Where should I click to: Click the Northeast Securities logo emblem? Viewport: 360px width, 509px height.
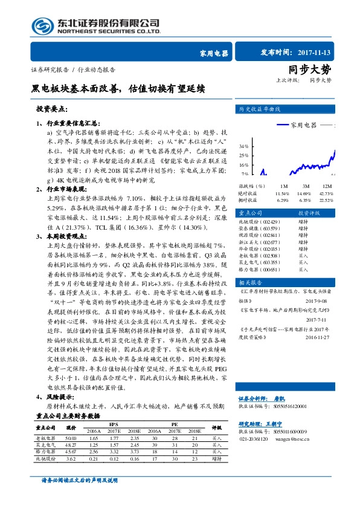41,26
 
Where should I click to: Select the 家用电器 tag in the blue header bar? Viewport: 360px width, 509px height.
214,53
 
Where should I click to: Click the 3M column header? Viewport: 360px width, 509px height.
306,185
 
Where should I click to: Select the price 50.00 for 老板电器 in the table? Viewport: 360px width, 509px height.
71,438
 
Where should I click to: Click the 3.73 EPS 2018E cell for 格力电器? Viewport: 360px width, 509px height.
136,451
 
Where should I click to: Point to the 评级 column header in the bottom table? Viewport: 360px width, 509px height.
217,427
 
